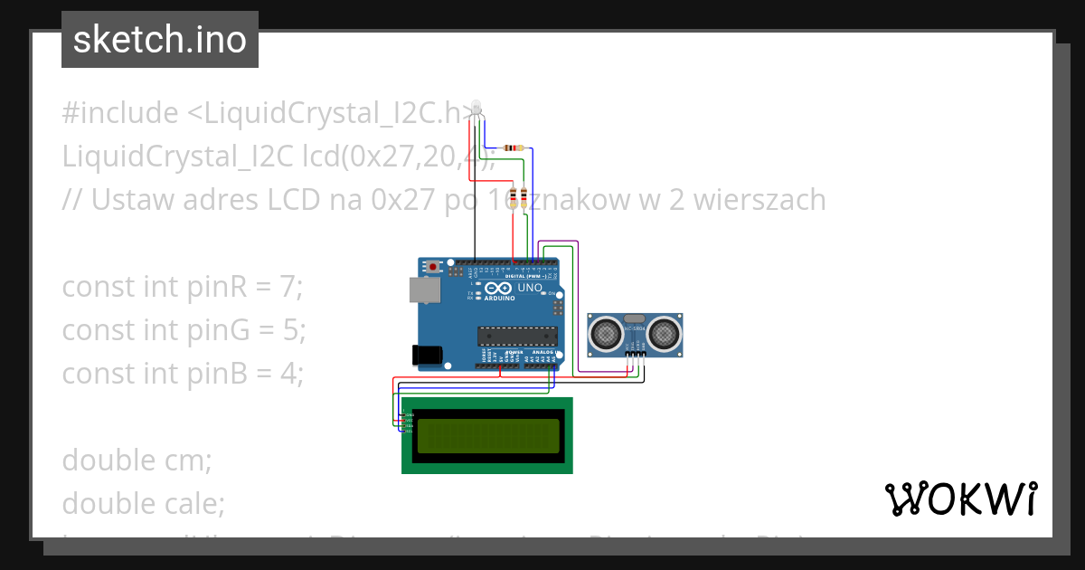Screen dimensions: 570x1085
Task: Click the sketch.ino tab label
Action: coord(160,40)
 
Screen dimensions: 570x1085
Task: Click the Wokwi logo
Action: coord(960,499)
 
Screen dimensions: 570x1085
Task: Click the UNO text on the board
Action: coord(531,289)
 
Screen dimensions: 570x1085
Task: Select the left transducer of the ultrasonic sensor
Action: coord(605,334)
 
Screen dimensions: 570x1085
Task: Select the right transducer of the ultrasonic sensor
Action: coord(665,334)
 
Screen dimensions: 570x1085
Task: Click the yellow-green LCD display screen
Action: coord(488,435)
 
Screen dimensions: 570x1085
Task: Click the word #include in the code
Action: coord(120,113)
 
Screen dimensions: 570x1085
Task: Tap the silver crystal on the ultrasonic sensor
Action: coord(635,319)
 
